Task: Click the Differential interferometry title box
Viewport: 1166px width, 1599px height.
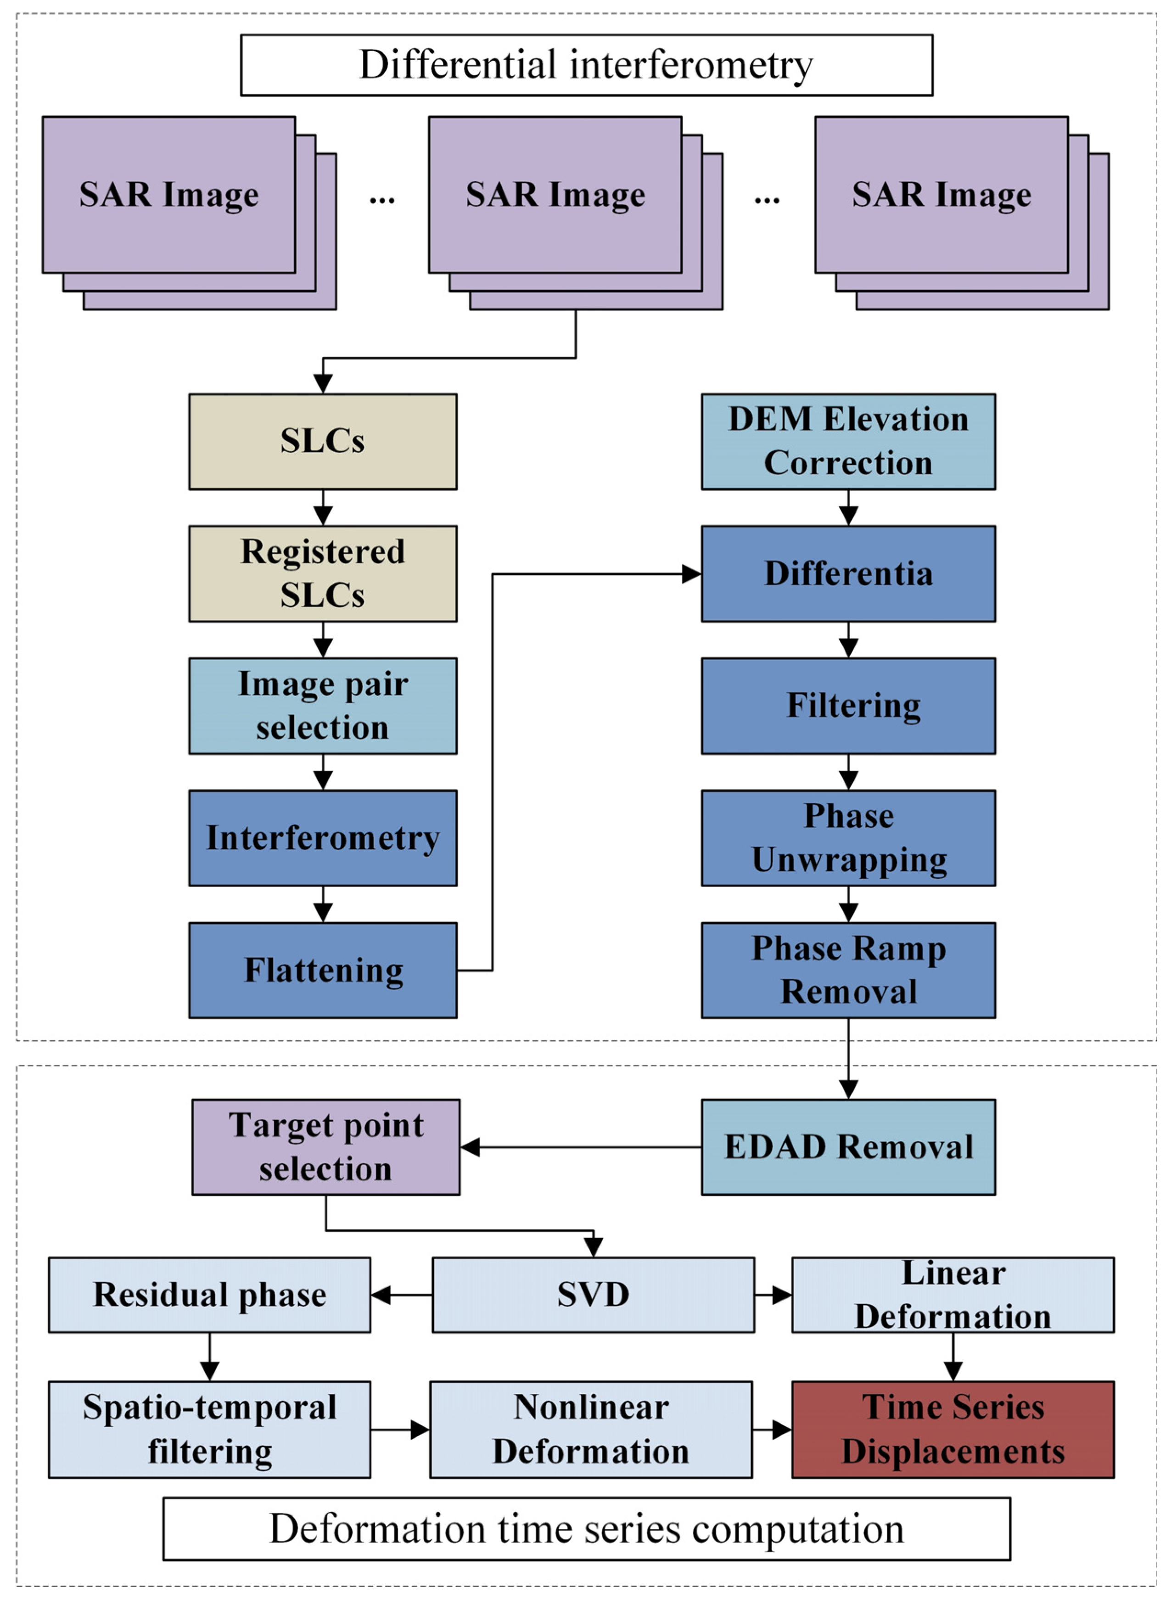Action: click(x=586, y=65)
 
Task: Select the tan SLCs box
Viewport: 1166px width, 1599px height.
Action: click(x=323, y=442)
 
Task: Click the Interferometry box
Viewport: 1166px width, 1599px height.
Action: click(x=323, y=838)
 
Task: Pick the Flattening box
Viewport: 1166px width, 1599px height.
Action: click(x=323, y=970)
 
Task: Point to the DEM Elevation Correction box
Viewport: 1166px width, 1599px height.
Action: click(x=848, y=442)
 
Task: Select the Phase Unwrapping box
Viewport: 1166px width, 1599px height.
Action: click(x=848, y=838)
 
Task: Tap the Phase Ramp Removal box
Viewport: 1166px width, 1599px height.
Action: click(x=848, y=970)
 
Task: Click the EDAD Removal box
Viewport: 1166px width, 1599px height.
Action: click(x=848, y=1147)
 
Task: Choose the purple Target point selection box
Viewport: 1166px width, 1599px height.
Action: click(x=326, y=1147)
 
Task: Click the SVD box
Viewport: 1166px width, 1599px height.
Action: click(x=593, y=1295)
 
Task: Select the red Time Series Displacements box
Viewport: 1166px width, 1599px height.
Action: click(x=953, y=1430)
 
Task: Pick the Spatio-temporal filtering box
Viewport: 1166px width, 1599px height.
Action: click(x=210, y=1430)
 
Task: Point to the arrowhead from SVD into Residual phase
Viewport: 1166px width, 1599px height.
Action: click(x=381, y=1295)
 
